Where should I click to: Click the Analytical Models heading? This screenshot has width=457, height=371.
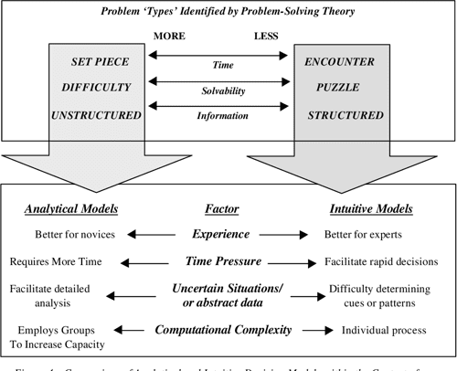pyautogui.click(x=69, y=208)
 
